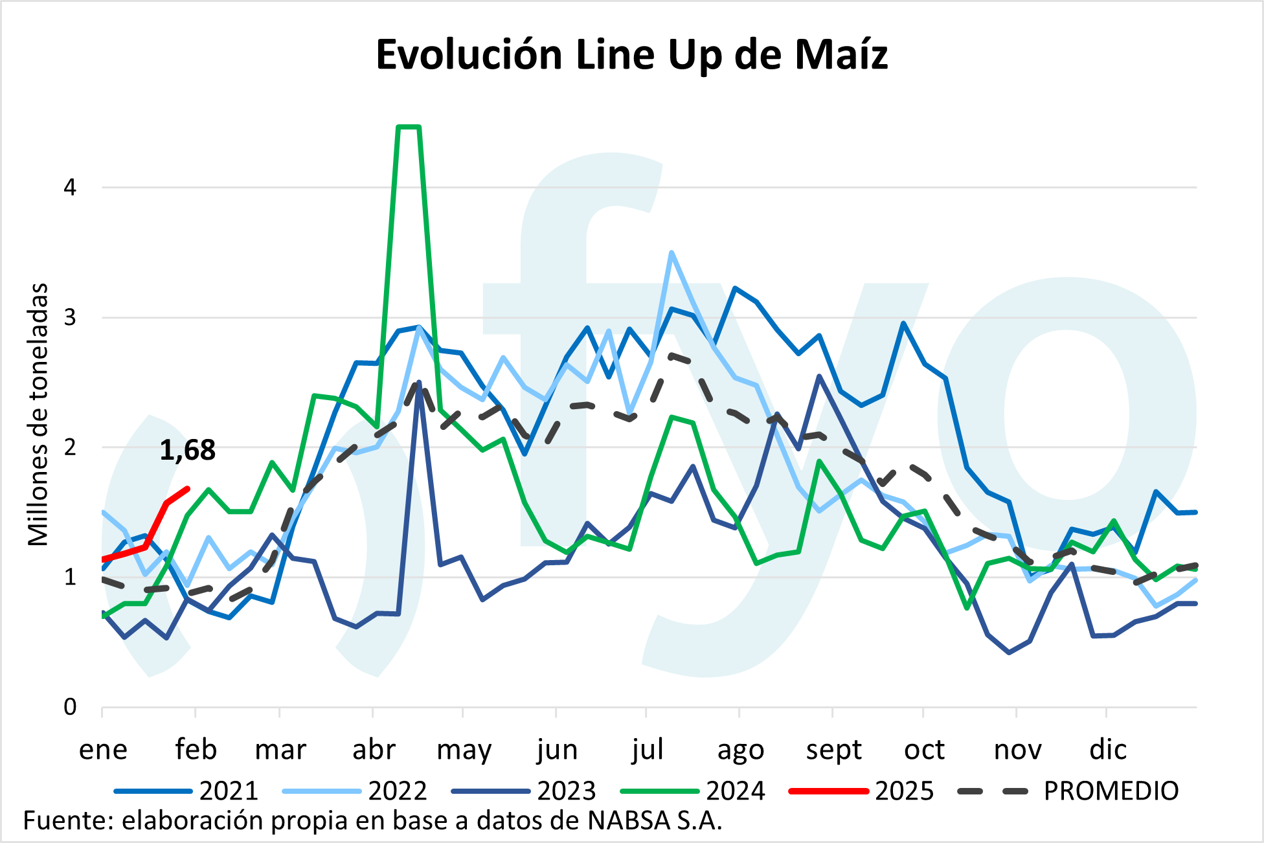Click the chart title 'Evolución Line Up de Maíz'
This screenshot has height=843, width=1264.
coord(631,54)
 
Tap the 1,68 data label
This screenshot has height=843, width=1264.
coord(187,450)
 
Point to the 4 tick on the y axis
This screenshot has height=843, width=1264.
coord(70,188)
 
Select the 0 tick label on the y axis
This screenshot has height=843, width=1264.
coord(70,707)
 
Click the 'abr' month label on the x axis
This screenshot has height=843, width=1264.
coord(374,750)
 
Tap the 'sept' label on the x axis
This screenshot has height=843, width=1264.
coord(833,750)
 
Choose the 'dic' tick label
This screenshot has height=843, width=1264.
coord(1108,750)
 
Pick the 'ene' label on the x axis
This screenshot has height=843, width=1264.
coord(103,750)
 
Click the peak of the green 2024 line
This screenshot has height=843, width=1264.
coord(409,127)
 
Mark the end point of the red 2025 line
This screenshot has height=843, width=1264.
coord(188,488)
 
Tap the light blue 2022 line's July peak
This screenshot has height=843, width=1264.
coord(671,253)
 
